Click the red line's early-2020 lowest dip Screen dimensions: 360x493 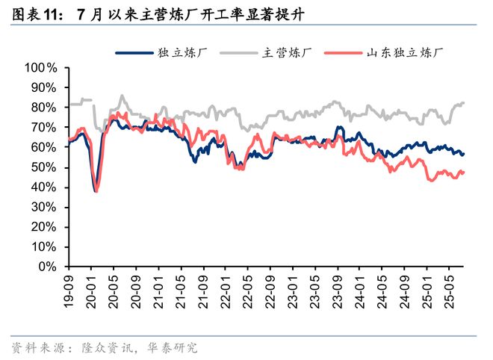pos(96,191)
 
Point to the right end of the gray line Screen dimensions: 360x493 pos(464,103)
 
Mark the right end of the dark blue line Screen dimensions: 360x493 pos(464,153)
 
